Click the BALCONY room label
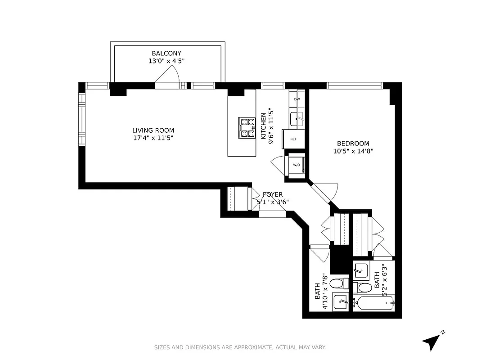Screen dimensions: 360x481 (166, 54)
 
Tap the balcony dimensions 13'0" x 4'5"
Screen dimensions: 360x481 (166, 61)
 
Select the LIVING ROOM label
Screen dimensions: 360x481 (150, 130)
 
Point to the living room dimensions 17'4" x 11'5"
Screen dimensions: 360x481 (150, 138)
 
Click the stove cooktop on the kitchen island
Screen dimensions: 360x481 (247, 127)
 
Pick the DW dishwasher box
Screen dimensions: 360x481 (297, 99)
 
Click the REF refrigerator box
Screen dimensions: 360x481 (293, 139)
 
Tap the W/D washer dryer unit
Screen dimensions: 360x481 (297, 165)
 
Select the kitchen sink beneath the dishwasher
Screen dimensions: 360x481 (297, 119)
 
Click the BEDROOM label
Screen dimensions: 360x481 (353, 144)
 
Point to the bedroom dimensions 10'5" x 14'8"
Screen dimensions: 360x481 (353, 151)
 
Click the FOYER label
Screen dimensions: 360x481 (273, 194)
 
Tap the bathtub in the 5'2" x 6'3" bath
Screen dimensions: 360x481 (373, 304)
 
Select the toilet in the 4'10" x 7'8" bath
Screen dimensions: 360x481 (337, 284)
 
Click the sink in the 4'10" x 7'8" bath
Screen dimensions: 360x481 (340, 301)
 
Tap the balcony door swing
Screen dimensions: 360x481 (169, 75)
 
